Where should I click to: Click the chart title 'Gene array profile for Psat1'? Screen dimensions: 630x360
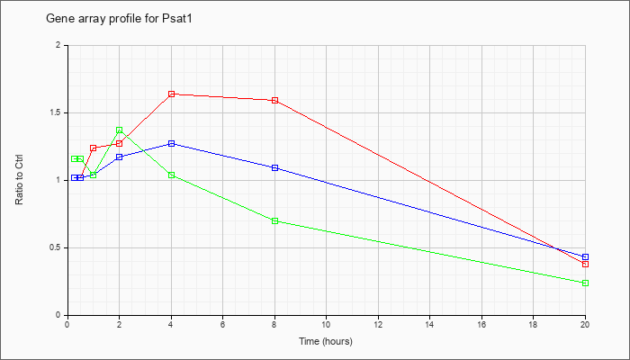tap(119, 19)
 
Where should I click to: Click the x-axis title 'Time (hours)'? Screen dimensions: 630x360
tap(326, 341)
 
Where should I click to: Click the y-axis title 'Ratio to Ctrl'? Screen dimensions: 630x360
tap(19, 180)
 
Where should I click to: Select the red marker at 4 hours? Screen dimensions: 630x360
tap(172, 94)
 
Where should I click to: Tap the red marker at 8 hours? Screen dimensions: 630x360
tap(274, 100)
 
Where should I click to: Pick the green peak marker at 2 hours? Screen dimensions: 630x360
tap(120, 130)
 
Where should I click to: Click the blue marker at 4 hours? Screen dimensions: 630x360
tap(172, 143)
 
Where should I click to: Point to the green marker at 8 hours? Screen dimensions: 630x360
tap(274, 220)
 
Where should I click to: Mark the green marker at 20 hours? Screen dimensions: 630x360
tap(585, 283)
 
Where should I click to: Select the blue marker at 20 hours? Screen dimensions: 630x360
tap(585, 256)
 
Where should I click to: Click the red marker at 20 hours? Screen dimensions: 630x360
tap(585, 264)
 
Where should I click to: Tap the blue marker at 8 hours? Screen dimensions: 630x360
tap(274, 167)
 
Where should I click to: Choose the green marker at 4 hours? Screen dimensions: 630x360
tap(172, 175)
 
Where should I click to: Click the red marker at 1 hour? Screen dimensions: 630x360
tap(94, 148)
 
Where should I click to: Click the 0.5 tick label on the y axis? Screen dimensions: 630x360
tap(58, 247)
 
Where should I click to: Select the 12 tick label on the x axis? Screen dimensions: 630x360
tap(378, 323)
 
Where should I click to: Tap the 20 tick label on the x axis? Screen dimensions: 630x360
tap(585, 323)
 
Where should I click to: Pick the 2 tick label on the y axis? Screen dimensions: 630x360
tap(60, 45)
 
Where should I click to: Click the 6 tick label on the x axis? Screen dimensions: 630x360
tap(223, 323)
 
